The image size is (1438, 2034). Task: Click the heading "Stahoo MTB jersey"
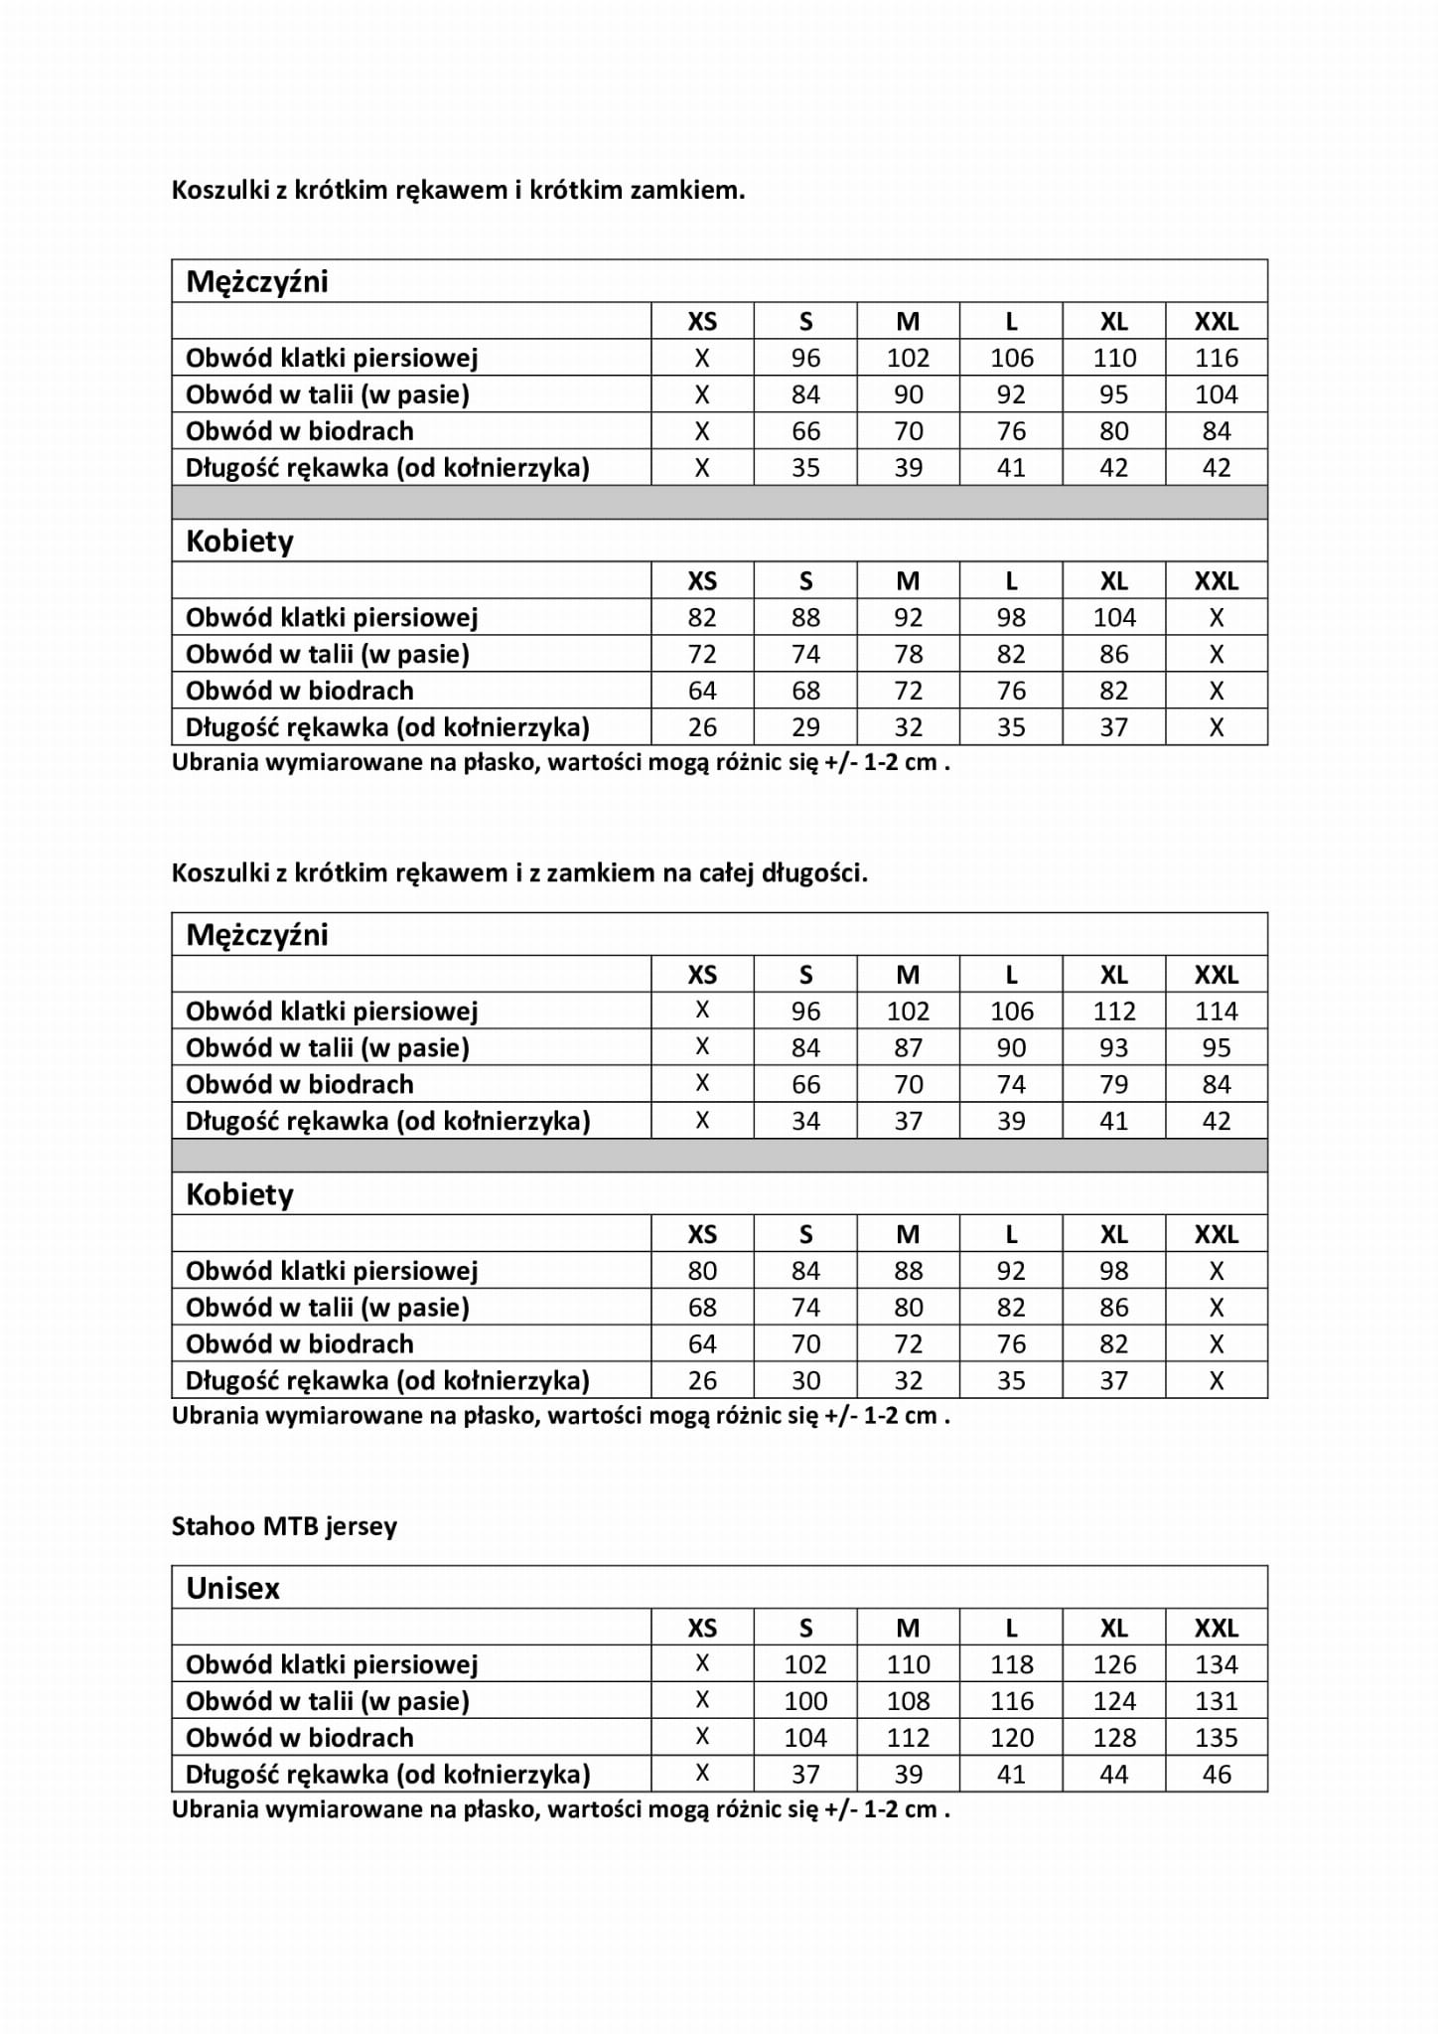point(284,1526)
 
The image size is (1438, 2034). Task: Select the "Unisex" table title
point(233,1588)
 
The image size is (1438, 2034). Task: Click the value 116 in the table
point(1217,358)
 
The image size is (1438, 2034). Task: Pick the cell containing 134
point(1217,1664)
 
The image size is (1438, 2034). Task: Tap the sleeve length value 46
point(1217,1774)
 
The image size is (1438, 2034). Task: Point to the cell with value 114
point(1217,1012)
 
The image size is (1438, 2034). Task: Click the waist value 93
point(1114,1048)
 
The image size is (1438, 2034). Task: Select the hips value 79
point(1114,1084)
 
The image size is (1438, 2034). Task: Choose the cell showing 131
point(1217,1701)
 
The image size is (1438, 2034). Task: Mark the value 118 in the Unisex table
point(1012,1664)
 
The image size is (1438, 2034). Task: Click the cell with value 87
point(909,1048)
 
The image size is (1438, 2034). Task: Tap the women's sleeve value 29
point(805,727)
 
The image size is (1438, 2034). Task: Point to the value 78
point(909,655)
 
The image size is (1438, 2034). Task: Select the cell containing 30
point(805,1380)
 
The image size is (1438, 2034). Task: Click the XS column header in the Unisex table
point(702,1628)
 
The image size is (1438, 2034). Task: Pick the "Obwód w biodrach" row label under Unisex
point(300,1738)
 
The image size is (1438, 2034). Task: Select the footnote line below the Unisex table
point(561,1808)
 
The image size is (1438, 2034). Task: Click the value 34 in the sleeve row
point(805,1121)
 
